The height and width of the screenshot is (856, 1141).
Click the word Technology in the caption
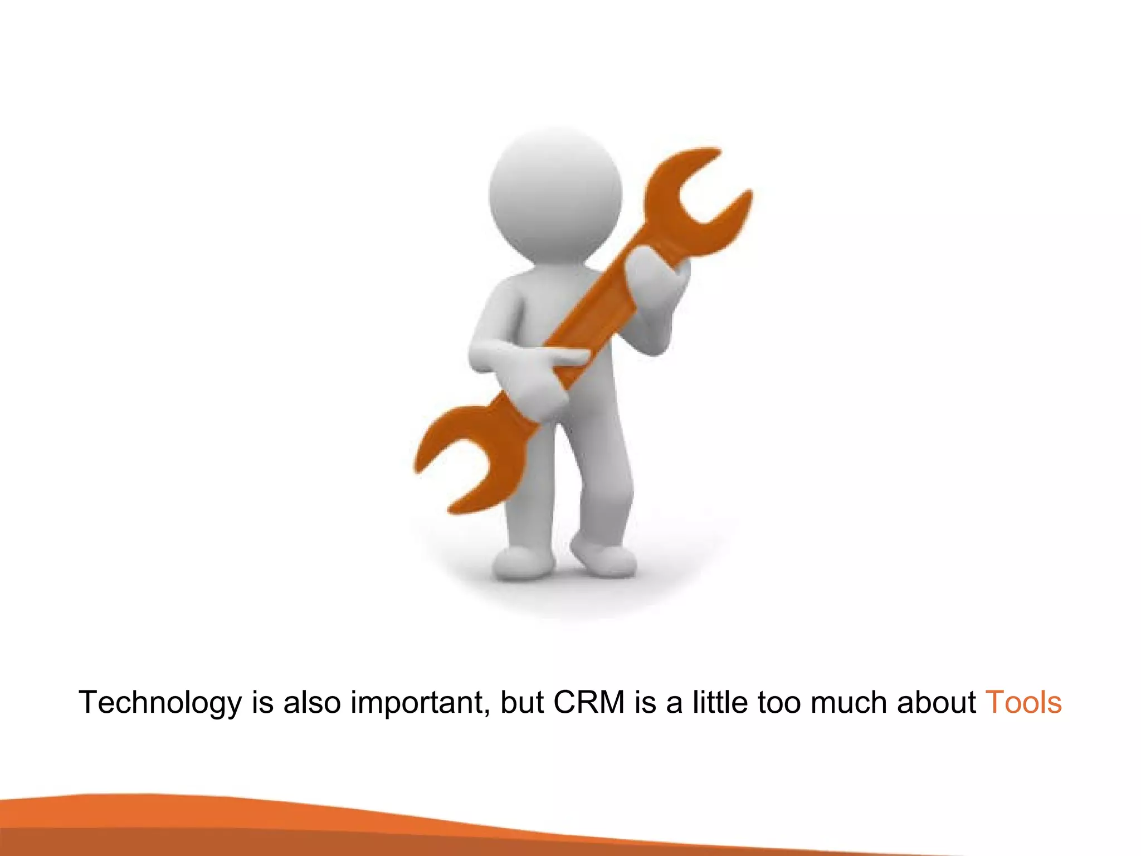pyautogui.click(x=160, y=703)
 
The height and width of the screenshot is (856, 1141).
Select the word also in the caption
pyautogui.click(x=312, y=702)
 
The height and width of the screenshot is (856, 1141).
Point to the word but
pyautogui.click(x=521, y=702)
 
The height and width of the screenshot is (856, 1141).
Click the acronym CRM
pyautogui.click(x=589, y=702)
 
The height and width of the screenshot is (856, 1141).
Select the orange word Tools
pyautogui.click(x=1023, y=702)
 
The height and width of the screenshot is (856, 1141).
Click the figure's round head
pyautogui.click(x=555, y=192)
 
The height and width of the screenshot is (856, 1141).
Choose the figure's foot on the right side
pyautogui.click(x=604, y=557)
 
